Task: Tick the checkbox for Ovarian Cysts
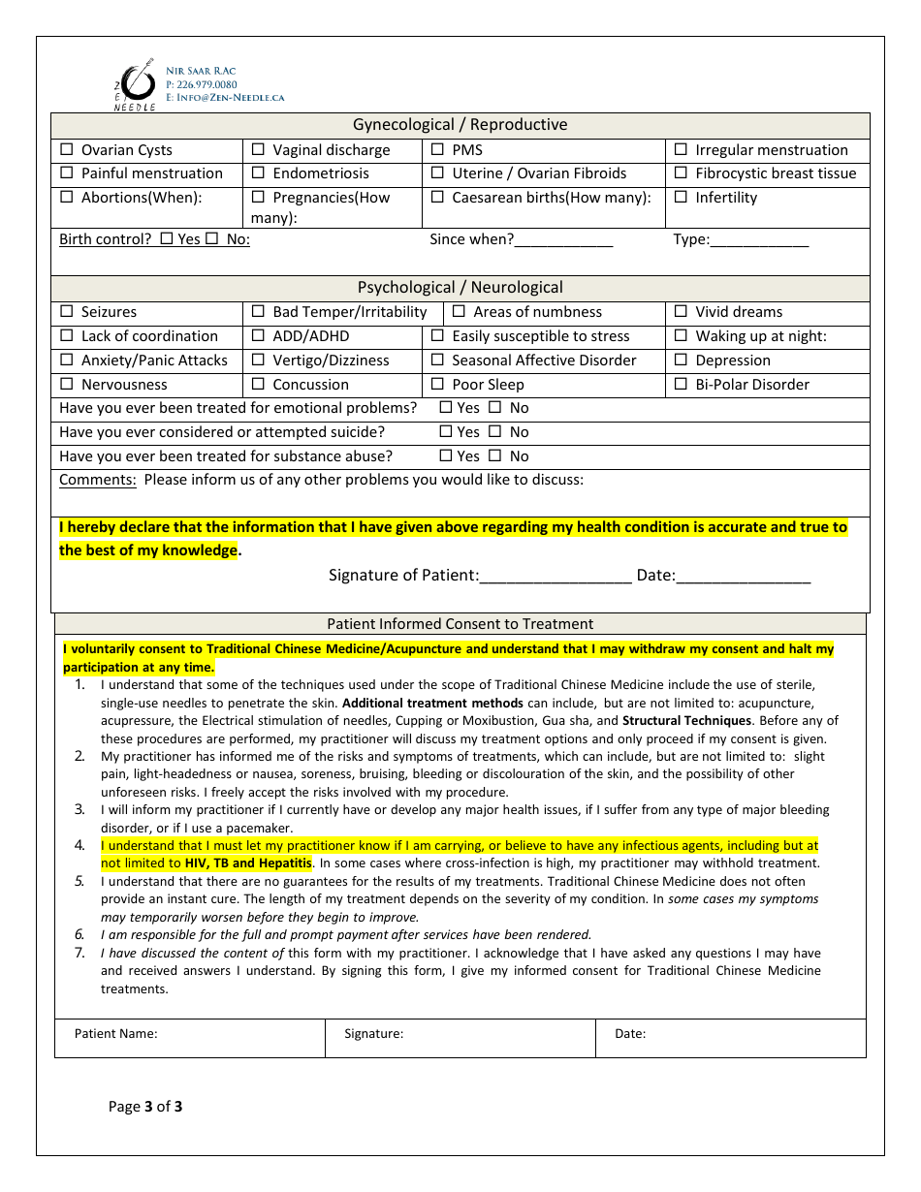click(x=67, y=150)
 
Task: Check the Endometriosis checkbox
click(x=258, y=173)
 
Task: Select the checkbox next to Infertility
click(x=681, y=198)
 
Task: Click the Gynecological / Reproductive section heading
click(x=460, y=125)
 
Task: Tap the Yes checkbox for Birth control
click(x=167, y=239)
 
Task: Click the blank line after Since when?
click(x=564, y=240)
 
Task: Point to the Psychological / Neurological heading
click(x=460, y=288)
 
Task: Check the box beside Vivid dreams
click(x=681, y=312)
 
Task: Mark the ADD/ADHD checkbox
click(x=258, y=336)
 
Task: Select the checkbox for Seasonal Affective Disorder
click(x=437, y=361)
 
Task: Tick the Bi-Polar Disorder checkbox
click(x=681, y=385)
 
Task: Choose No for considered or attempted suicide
click(x=494, y=432)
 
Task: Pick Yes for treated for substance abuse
click(x=446, y=456)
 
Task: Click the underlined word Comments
click(x=97, y=481)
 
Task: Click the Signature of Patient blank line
click(x=556, y=576)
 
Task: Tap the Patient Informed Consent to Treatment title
click(x=460, y=625)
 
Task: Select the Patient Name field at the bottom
click(x=190, y=1038)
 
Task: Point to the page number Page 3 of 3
click(x=145, y=1107)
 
